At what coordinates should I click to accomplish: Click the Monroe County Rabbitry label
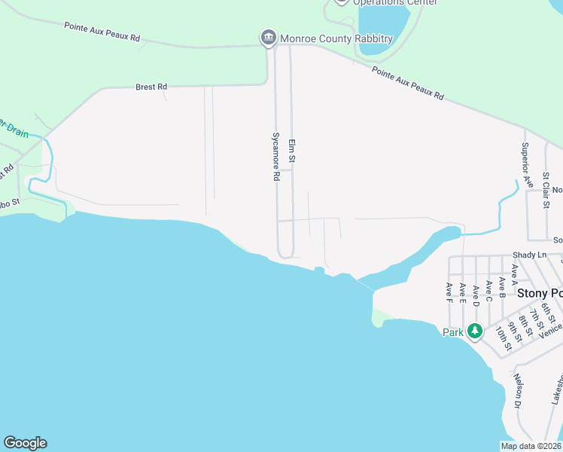point(336,38)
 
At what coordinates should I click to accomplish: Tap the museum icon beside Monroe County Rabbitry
point(267,38)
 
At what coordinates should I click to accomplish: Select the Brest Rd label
point(151,87)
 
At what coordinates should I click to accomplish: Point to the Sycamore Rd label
point(276,157)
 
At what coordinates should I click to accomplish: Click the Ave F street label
point(449,292)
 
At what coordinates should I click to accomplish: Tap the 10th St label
point(504,338)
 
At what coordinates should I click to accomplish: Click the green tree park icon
point(474,331)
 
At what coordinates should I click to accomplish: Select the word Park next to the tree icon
point(453,332)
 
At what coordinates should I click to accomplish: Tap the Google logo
point(25,443)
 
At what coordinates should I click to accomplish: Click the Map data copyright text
point(531,446)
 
